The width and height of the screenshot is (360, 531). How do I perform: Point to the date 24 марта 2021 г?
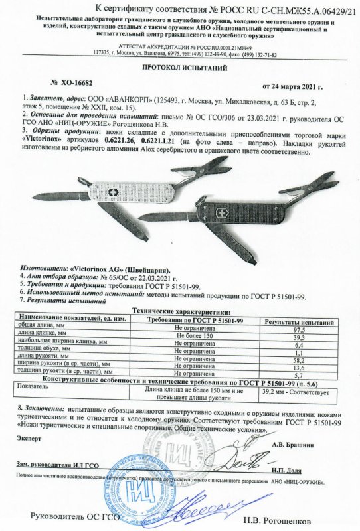pyautogui.click(x=293, y=87)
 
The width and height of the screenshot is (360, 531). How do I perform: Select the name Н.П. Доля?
pyautogui.click(x=305, y=469)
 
